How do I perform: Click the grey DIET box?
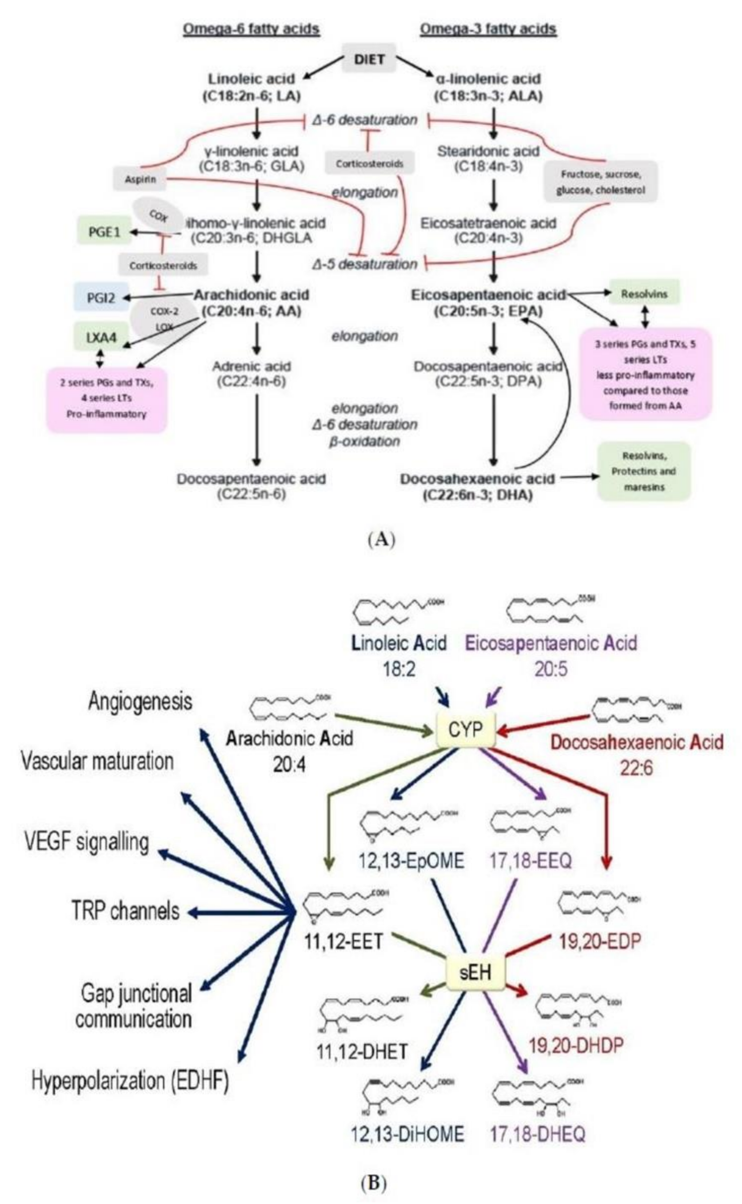[369, 59]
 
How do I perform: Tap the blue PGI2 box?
[101, 297]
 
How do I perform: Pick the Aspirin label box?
[140, 179]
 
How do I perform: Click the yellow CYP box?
[465, 731]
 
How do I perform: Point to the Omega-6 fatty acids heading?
[251, 29]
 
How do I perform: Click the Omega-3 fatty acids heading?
[488, 29]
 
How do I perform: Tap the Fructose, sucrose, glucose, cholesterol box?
[600, 181]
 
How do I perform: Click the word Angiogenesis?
[140, 701]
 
